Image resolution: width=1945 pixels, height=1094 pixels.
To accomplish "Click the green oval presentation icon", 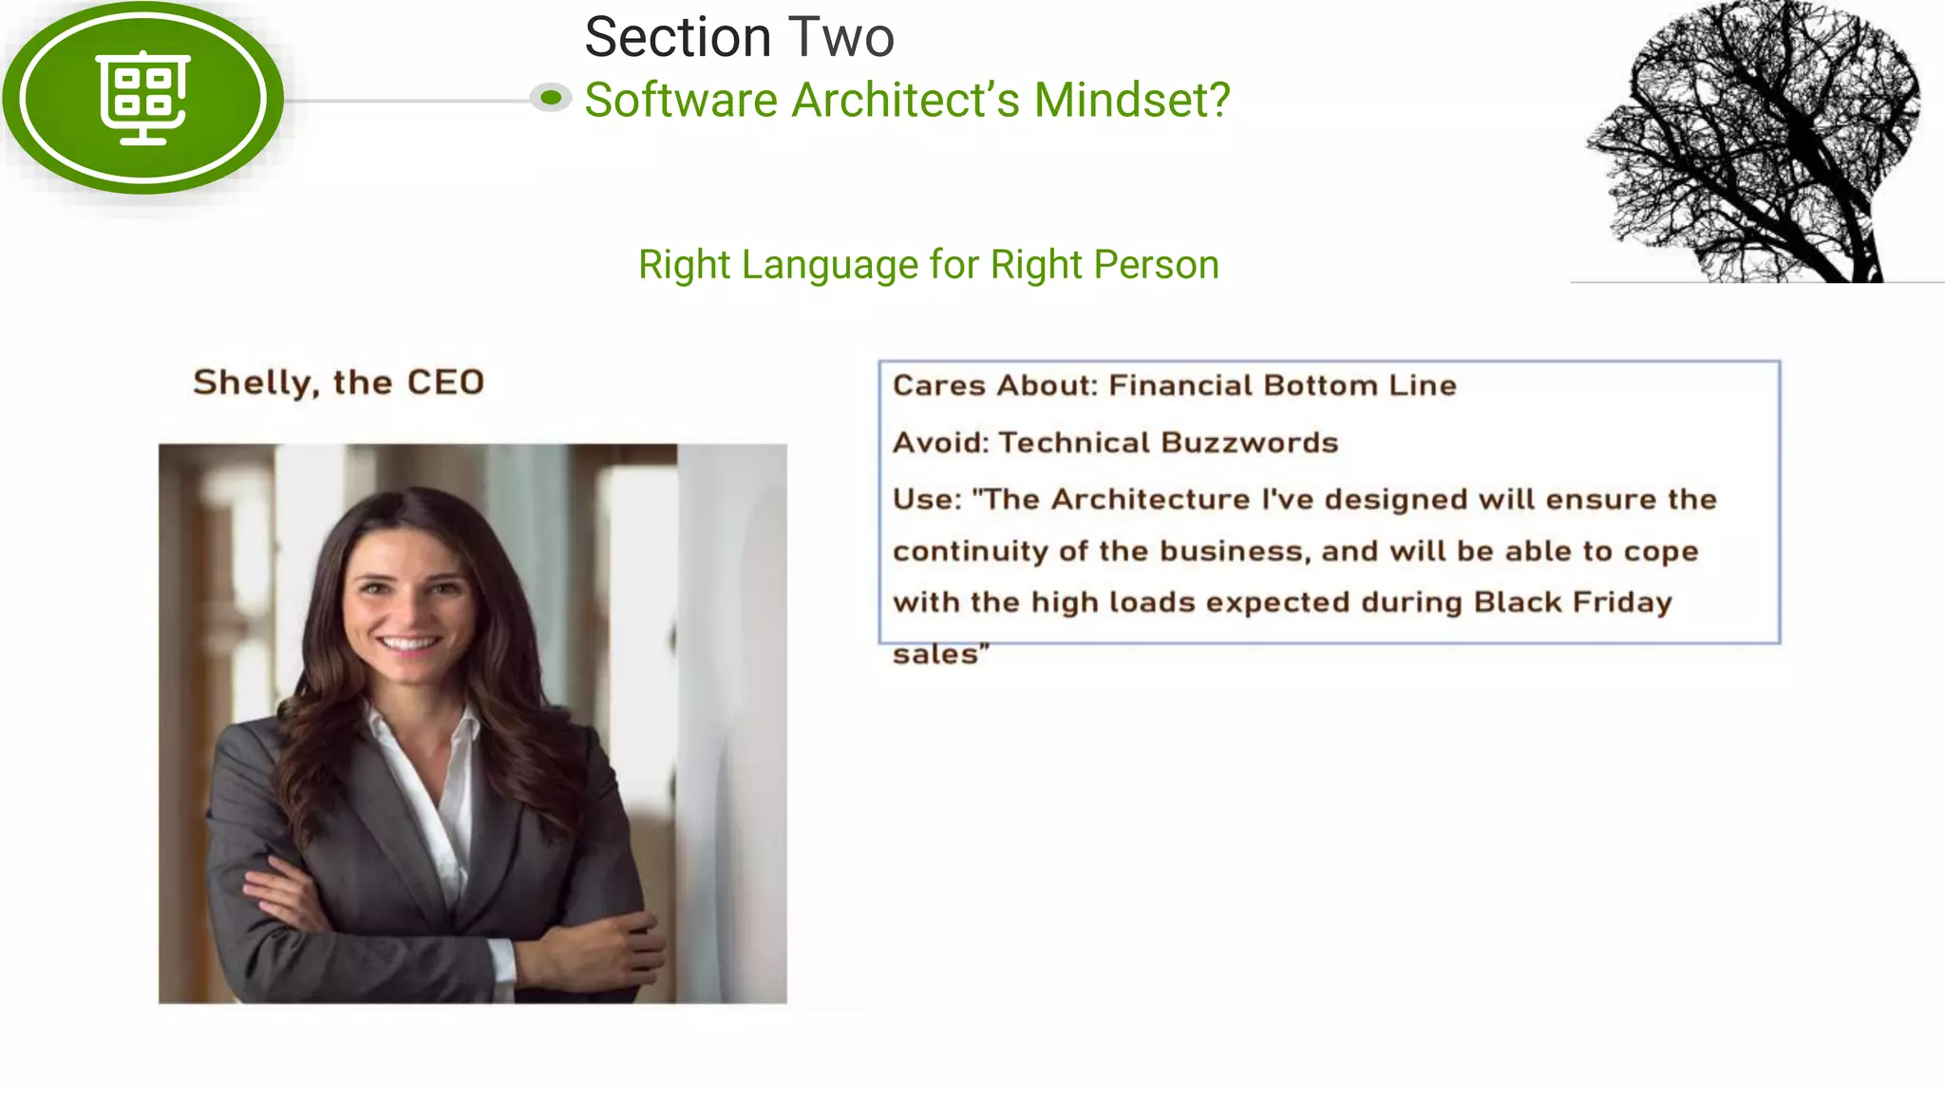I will pyautogui.click(x=143, y=98).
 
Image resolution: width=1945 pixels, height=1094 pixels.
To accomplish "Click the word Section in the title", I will pyautogui.click(x=677, y=38).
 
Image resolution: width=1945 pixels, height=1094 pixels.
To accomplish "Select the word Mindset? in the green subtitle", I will pyautogui.click(x=1132, y=101).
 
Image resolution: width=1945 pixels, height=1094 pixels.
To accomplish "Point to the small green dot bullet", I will pyautogui.click(x=551, y=97).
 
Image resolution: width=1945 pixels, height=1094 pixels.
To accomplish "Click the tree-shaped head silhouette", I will pyautogui.click(x=1757, y=142).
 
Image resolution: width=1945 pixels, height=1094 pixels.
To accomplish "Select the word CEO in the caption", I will pyautogui.click(x=445, y=383).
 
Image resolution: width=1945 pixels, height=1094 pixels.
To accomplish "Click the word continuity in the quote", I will pyautogui.click(x=970, y=552).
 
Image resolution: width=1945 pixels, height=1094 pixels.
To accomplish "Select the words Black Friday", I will pyautogui.click(x=1572, y=602).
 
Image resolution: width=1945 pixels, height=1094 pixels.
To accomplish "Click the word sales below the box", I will pyautogui.click(x=935, y=654).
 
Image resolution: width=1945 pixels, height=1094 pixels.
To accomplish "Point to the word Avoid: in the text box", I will pyautogui.click(x=941, y=443).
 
